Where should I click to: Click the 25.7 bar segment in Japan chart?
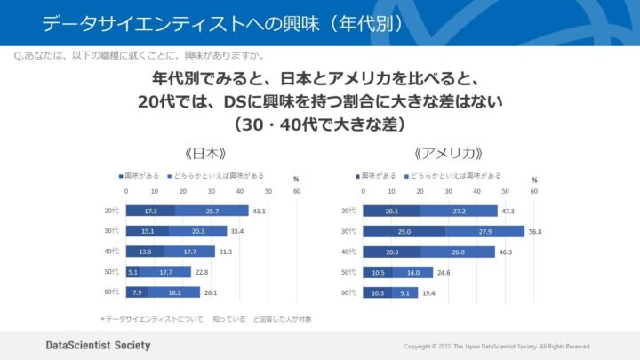coord(212,211)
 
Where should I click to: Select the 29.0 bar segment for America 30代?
coord(404,231)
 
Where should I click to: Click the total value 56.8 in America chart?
coord(535,231)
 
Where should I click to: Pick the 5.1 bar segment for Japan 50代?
coord(133,272)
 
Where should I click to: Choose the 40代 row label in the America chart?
coord(348,252)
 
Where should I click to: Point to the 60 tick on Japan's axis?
coord(296,191)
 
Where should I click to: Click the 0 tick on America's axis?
coord(364,191)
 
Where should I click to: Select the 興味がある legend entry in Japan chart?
coord(143,175)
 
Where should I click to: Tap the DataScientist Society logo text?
coord(98,345)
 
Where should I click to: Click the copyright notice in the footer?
coord(497,346)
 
